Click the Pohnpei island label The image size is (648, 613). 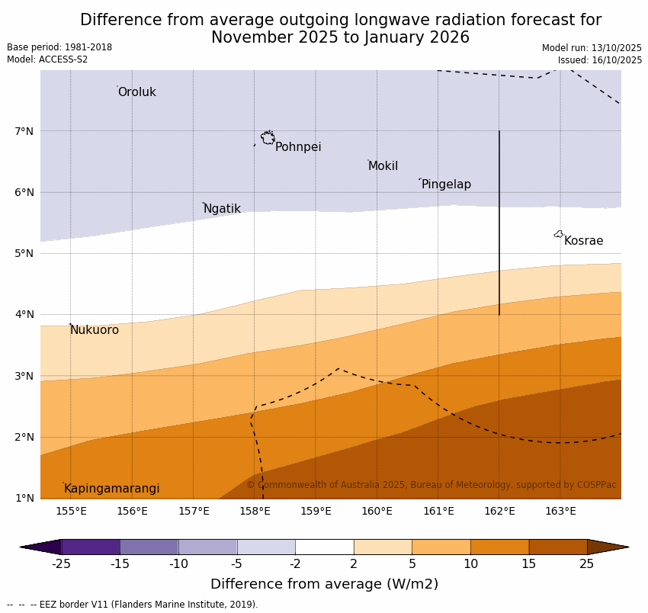298,147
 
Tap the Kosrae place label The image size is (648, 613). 583,241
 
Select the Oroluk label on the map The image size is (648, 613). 136,92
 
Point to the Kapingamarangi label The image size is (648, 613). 111,489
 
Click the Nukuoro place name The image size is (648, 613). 95,330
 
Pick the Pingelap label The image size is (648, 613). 446,185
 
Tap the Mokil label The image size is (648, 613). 383,166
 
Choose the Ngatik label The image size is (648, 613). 222,209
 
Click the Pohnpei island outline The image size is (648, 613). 268,138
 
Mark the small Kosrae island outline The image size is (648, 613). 559,234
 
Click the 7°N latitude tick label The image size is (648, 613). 24,131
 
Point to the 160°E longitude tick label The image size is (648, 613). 377,511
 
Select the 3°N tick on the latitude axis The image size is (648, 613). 24,376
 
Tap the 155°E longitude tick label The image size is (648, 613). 71,511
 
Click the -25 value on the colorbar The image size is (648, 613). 61,564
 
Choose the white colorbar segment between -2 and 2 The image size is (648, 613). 324,547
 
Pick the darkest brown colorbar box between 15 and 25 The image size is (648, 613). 558,547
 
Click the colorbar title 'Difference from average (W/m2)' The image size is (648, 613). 324,585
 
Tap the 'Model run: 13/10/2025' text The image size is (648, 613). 592,48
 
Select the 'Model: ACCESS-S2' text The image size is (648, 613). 47,59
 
